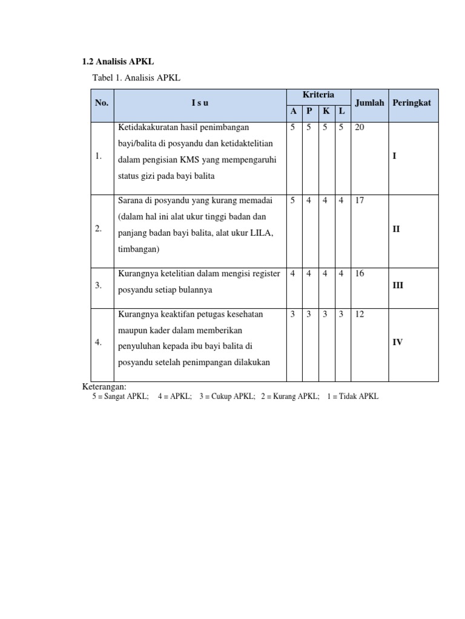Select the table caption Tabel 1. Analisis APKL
coord(136,77)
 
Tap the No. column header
coord(102,103)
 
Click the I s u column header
coord(200,103)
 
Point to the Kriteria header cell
coord(318,96)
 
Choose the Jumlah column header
coord(369,103)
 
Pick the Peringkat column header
coord(412,103)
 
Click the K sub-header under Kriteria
coord(326,111)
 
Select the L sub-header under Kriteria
coord(342,111)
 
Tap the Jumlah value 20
coord(360,128)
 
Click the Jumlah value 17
coord(360,200)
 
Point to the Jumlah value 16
coord(360,274)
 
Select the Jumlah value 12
coord(360,314)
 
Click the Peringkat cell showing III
coord(398,285)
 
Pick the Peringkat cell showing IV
coord(398,342)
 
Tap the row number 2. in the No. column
coord(98,228)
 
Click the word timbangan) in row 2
coord(139,249)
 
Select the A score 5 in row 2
coord(293,200)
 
